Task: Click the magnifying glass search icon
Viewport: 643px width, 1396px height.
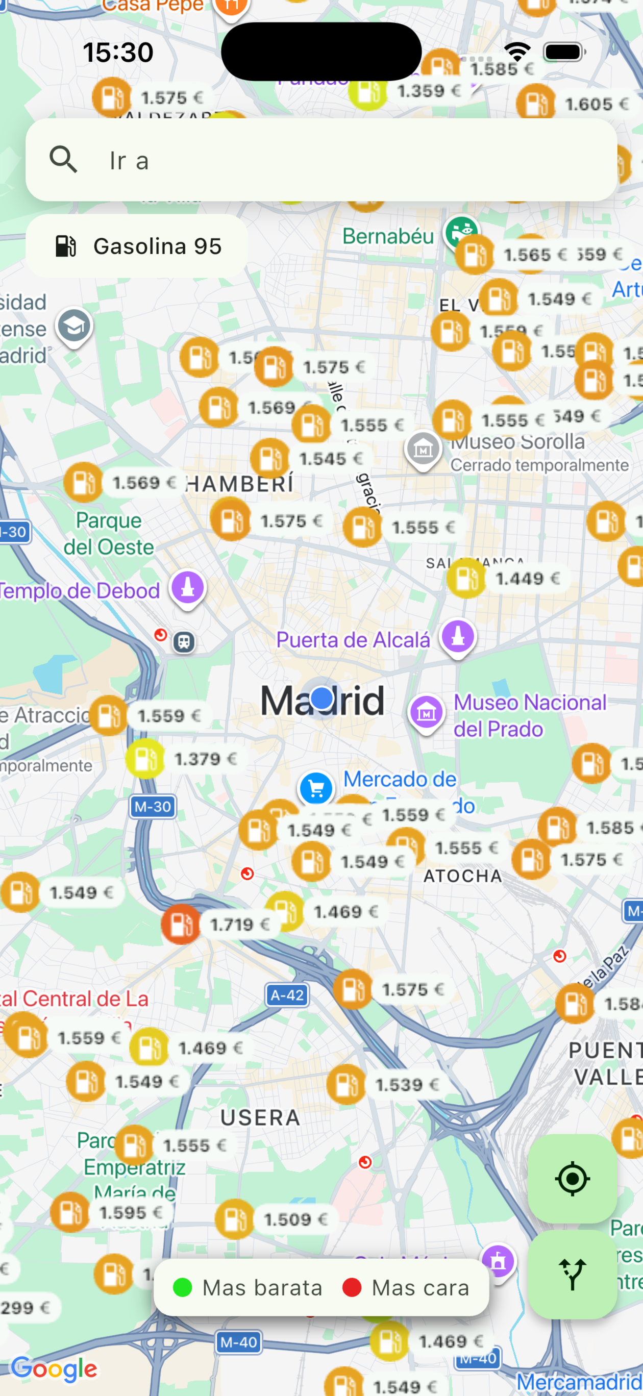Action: pos(63,160)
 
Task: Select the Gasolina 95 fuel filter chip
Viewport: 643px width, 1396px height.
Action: pos(137,246)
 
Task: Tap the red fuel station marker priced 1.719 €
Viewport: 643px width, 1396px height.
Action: pos(181,924)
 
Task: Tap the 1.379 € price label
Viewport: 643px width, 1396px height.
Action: pos(206,759)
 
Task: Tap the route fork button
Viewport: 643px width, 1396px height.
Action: pos(572,1274)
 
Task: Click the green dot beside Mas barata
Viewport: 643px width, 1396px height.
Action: pos(182,1287)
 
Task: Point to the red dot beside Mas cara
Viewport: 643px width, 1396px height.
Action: pos(352,1287)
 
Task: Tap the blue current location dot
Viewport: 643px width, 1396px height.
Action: pos(322,698)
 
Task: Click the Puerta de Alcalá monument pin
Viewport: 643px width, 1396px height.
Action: pos(458,636)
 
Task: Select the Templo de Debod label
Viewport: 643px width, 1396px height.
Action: pos(80,591)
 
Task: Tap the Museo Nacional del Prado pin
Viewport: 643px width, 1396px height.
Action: pos(426,713)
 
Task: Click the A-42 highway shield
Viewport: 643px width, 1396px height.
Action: pos(287,995)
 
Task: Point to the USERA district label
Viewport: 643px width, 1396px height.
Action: pos(260,1117)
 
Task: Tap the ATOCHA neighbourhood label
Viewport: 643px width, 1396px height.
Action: pos(463,876)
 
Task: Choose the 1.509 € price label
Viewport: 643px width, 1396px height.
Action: pos(295,1219)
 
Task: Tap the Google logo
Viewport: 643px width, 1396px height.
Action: pos(54,1369)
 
